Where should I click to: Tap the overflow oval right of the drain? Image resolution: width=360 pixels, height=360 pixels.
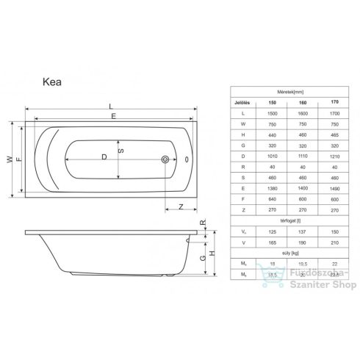click(186, 158)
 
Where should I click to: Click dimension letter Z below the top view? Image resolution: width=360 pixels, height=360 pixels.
click(180, 206)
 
